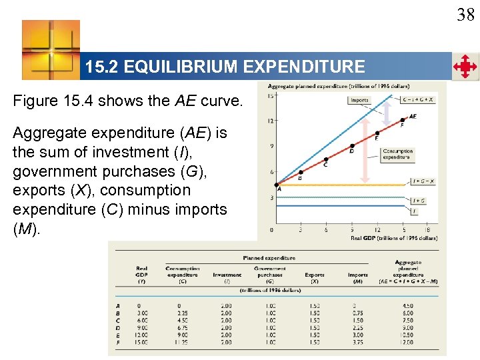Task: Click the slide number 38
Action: pos(465,14)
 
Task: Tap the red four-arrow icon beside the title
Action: pos(465,67)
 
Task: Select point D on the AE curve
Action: pos(352,145)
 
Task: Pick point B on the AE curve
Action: pos(301,171)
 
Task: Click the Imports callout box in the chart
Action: pos(359,100)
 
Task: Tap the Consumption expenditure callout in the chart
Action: pos(397,154)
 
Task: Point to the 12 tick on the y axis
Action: pos(270,121)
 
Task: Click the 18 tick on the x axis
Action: pos(427,230)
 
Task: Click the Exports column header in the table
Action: pos(314,275)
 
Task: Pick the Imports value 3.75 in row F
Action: pos(357,342)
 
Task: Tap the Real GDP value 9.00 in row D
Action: pos(143,327)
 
